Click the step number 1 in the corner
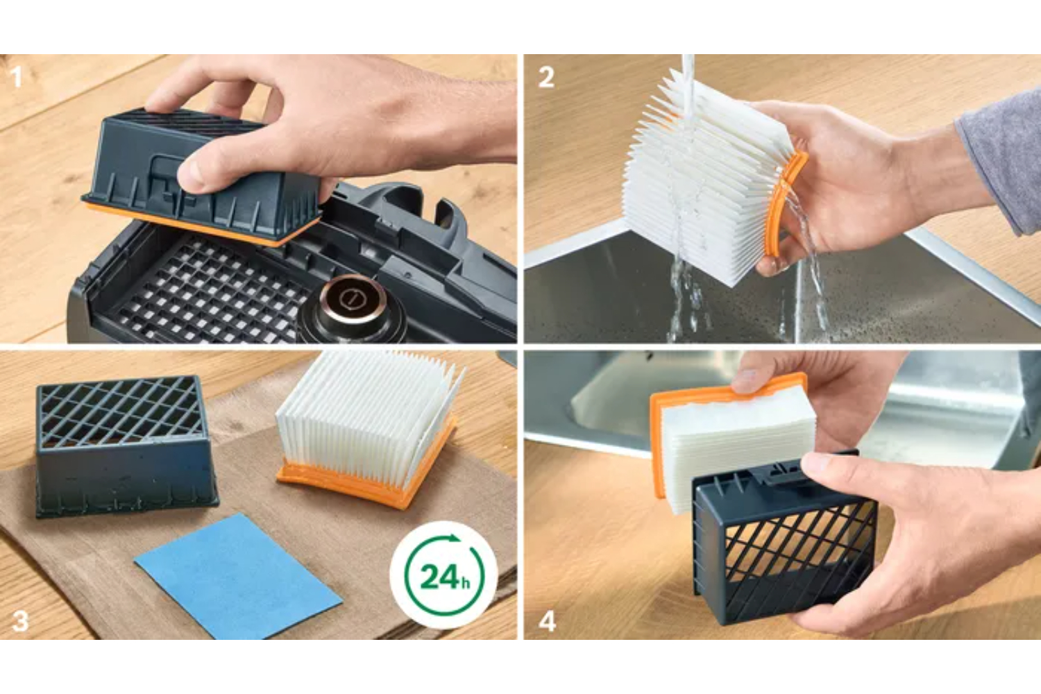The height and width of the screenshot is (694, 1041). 17,77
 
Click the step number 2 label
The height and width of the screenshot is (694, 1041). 546,77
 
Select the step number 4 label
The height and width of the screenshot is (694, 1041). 547,621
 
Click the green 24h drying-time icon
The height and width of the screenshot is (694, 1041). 444,575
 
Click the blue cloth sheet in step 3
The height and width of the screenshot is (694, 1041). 238,576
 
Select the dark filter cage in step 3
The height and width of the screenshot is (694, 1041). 126,446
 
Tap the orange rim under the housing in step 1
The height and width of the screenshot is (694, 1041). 200,224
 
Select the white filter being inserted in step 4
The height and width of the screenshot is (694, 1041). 739,446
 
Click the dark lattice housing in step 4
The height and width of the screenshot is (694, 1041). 786,539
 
